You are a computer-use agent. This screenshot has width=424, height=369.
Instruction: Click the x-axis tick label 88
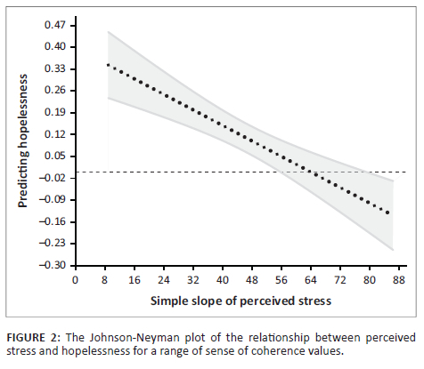[400, 278]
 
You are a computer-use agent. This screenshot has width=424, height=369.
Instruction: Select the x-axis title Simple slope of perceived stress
[241, 301]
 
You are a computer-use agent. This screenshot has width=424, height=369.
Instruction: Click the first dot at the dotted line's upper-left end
[108, 65]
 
